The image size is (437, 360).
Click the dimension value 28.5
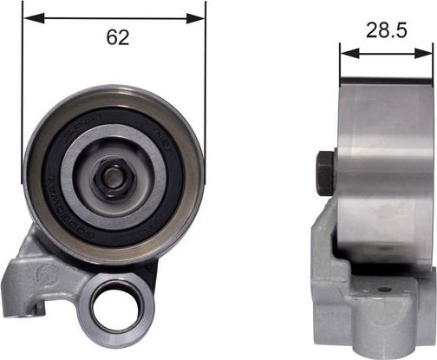coord(386,30)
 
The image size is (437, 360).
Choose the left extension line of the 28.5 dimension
coord(341,65)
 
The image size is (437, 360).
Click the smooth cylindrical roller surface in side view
coord(386,165)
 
